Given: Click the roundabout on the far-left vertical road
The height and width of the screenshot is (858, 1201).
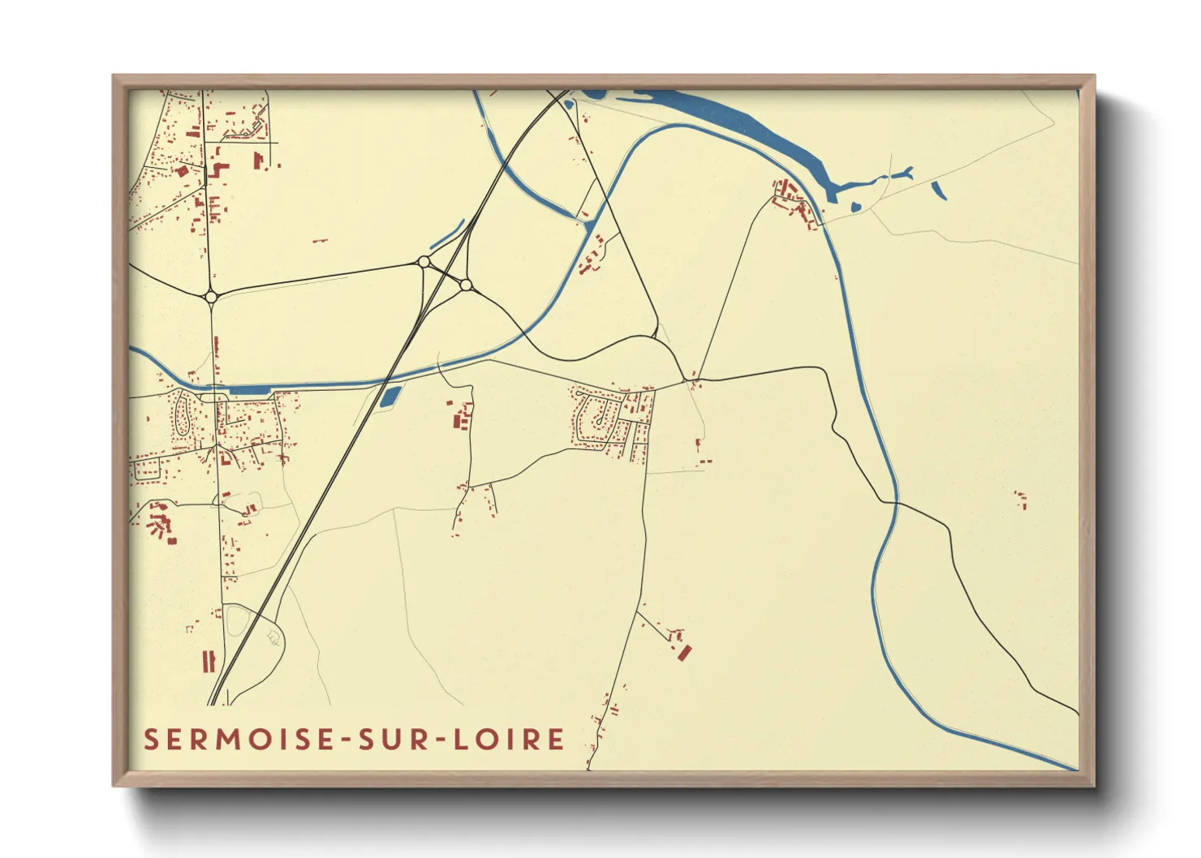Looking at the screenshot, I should click(211, 297).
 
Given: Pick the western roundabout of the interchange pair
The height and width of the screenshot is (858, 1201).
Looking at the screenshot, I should click(423, 262).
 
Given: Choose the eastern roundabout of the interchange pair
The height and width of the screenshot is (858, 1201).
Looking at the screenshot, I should click(465, 285).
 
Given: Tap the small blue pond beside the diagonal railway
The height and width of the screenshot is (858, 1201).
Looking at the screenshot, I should click(390, 397).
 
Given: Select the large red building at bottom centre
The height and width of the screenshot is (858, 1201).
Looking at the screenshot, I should click(685, 652).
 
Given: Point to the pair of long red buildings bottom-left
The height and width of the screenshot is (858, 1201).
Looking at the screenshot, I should click(209, 661).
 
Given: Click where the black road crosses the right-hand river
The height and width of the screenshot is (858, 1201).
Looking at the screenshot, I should click(897, 504).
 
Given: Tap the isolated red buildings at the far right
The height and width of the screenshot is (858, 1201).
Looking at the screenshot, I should click(1021, 498).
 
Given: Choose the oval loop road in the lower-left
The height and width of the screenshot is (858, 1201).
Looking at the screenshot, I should click(238, 620).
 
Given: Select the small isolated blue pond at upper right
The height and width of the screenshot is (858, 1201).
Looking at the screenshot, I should click(939, 191).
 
